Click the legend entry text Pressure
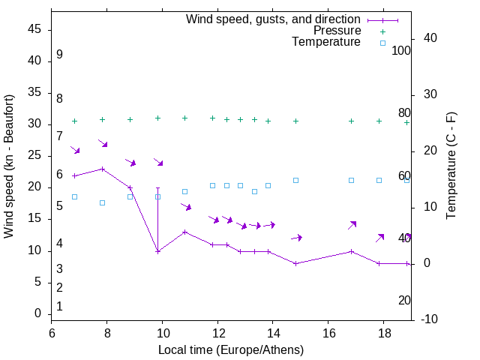[337, 31]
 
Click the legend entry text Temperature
[326, 42]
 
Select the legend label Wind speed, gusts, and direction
[273, 19]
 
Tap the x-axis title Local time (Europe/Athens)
[231, 349]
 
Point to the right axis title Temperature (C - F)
[451, 166]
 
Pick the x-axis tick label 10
[163, 331]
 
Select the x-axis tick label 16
[328, 331]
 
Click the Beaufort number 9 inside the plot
[59, 55]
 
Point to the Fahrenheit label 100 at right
[401, 51]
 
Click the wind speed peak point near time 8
[103, 169]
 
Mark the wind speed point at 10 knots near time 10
[157, 251]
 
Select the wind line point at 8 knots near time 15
[295, 263]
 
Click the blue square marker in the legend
[382, 43]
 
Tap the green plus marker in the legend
[382, 31]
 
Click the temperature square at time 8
[103, 202]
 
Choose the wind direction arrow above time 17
[352, 225]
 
